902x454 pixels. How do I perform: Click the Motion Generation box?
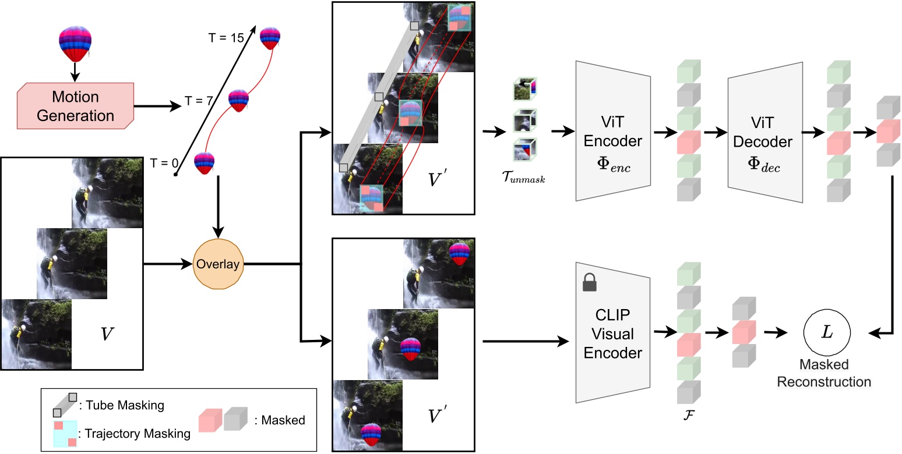click(76, 106)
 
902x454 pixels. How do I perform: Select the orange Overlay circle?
click(217, 264)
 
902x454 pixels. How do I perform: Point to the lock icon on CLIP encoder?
click(589, 283)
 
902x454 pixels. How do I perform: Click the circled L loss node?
click(826, 332)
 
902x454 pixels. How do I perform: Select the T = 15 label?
click(226, 37)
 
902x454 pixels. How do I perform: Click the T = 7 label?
click(199, 100)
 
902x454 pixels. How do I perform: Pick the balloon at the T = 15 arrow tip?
click(270, 38)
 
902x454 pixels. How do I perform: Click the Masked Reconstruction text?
click(824, 373)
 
